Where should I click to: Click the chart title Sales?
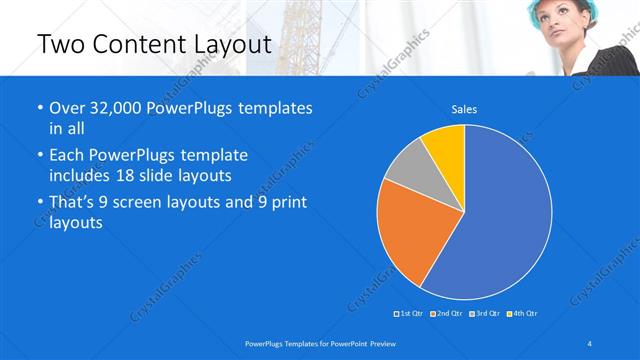pyautogui.click(x=464, y=108)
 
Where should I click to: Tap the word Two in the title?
pyautogui.click(x=61, y=44)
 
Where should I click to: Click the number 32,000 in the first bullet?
pyautogui.click(x=117, y=108)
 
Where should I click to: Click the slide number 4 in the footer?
pyautogui.click(x=590, y=343)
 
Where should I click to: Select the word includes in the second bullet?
pyautogui.click(x=79, y=174)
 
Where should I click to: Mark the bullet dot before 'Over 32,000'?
pyautogui.click(x=39, y=108)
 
